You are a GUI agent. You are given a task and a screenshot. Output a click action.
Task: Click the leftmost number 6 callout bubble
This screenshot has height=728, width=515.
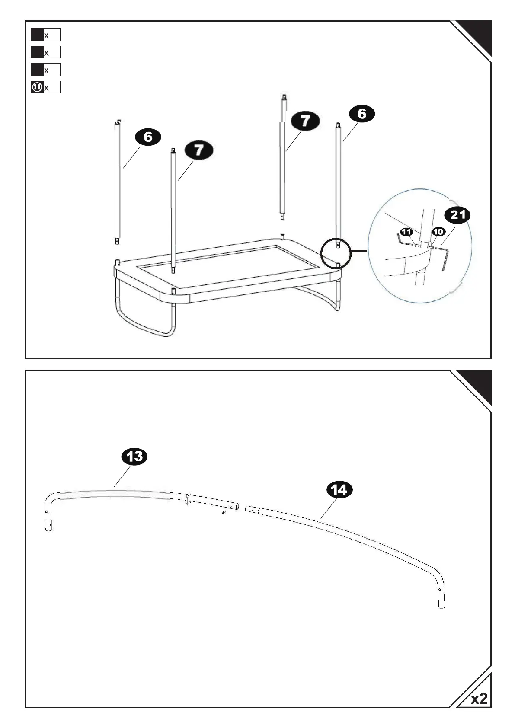(148, 137)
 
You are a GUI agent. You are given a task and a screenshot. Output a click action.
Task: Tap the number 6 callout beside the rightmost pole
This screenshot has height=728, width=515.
(361, 114)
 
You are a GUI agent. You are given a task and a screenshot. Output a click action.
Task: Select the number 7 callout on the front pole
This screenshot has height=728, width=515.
(199, 150)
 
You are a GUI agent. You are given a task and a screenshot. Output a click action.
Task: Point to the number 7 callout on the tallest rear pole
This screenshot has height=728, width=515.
(305, 121)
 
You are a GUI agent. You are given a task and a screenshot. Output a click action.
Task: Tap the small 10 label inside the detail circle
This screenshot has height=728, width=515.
(438, 232)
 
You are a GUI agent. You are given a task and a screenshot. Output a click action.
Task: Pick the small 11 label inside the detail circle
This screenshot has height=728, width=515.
(406, 232)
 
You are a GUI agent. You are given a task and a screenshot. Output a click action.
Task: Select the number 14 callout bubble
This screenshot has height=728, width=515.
(339, 490)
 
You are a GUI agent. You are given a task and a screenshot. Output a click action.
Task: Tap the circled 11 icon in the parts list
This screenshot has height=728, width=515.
(37, 87)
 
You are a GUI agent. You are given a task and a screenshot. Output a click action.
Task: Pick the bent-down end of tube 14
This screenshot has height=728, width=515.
(440, 597)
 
